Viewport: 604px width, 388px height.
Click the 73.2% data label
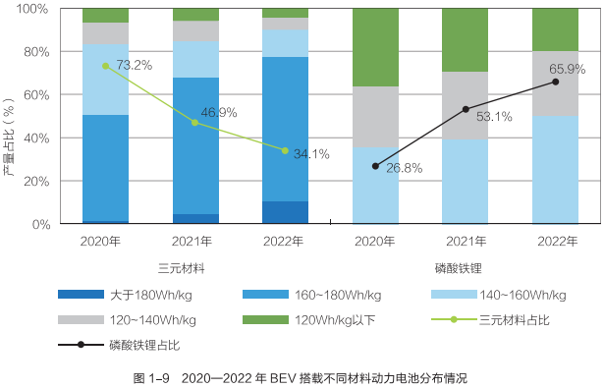point(134,66)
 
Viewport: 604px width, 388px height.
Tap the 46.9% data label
point(219,112)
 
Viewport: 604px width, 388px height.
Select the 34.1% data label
point(311,154)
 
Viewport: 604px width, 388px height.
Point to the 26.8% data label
point(404,168)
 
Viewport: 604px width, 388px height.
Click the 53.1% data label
point(494,117)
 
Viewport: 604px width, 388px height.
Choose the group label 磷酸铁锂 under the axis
point(466,267)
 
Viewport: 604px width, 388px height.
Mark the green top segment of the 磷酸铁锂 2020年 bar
point(375,47)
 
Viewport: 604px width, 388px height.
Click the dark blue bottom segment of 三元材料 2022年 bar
point(285,213)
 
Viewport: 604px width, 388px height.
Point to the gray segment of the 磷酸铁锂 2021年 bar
point(466,105)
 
